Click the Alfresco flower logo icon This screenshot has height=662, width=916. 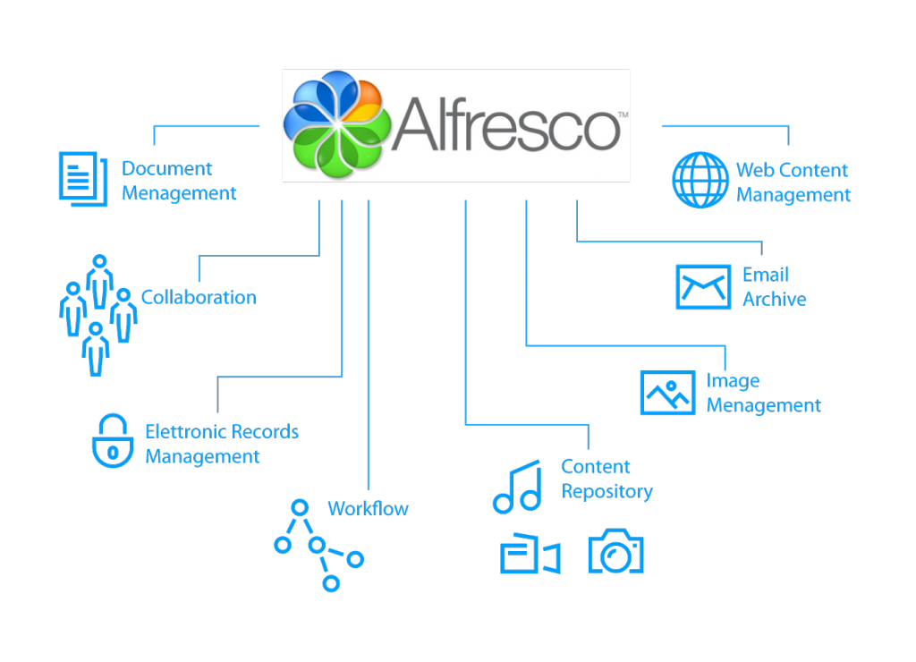pos(336,124)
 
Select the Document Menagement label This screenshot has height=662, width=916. pos(179,181)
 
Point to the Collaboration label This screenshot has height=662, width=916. pos(199,298)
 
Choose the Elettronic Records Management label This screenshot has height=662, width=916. pos(222,444)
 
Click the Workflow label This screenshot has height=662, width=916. pos(368,509)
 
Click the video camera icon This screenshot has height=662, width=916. pos(530,555)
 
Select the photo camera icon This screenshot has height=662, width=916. pos(615,552)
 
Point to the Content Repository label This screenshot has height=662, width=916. pos(606,479)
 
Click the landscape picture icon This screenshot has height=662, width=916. pos(667,393)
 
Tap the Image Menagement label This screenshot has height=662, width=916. pos(763,394)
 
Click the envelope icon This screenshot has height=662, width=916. pos(702,286)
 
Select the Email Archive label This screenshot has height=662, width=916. pos(774,287)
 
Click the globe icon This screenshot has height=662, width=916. pos(700,180)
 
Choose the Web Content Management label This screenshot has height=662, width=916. pos(793,182)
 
